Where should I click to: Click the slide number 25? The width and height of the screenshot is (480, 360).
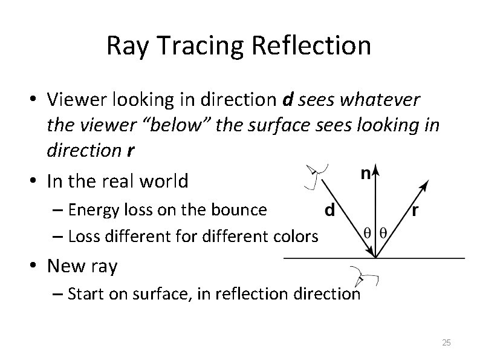[446, 342]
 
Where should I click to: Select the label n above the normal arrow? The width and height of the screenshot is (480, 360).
[366, 173]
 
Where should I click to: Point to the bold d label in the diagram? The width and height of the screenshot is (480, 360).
[331, 211]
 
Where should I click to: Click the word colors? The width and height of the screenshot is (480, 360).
[296, 236]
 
